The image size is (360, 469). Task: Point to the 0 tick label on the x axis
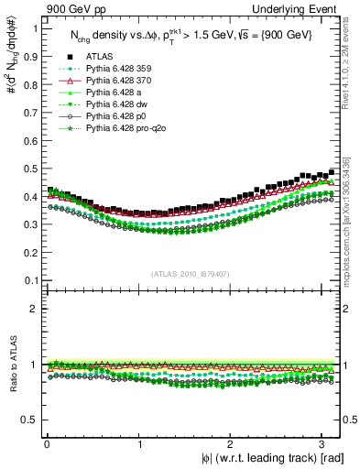coord(46,445)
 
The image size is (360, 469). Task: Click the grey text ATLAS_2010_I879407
coord(191,272)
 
